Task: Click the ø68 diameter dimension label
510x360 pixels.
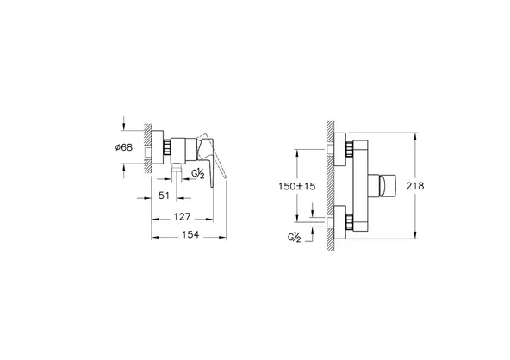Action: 123,147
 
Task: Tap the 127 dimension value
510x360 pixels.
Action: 182,217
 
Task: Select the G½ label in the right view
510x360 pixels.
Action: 295,236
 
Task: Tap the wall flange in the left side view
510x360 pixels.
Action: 160,147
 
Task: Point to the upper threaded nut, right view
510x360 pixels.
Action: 348,150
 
